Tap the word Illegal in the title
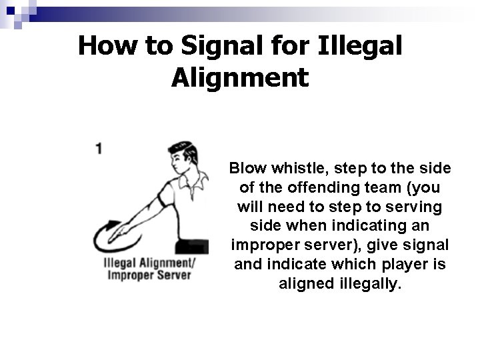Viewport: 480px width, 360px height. pos(360,47)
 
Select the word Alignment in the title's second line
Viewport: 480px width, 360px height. pos(240,78)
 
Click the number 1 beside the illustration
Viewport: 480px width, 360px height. pos(99,149)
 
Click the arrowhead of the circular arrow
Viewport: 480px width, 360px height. pos(114,224)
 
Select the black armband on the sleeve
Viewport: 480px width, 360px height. pos(163,201)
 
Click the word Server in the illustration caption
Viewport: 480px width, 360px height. pos(174,275)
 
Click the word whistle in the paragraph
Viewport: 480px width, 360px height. pos(299,168)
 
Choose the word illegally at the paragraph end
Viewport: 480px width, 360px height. pos(370,283)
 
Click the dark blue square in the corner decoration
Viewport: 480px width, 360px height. pos(11,11)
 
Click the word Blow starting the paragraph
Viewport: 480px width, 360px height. pos(248,168)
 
